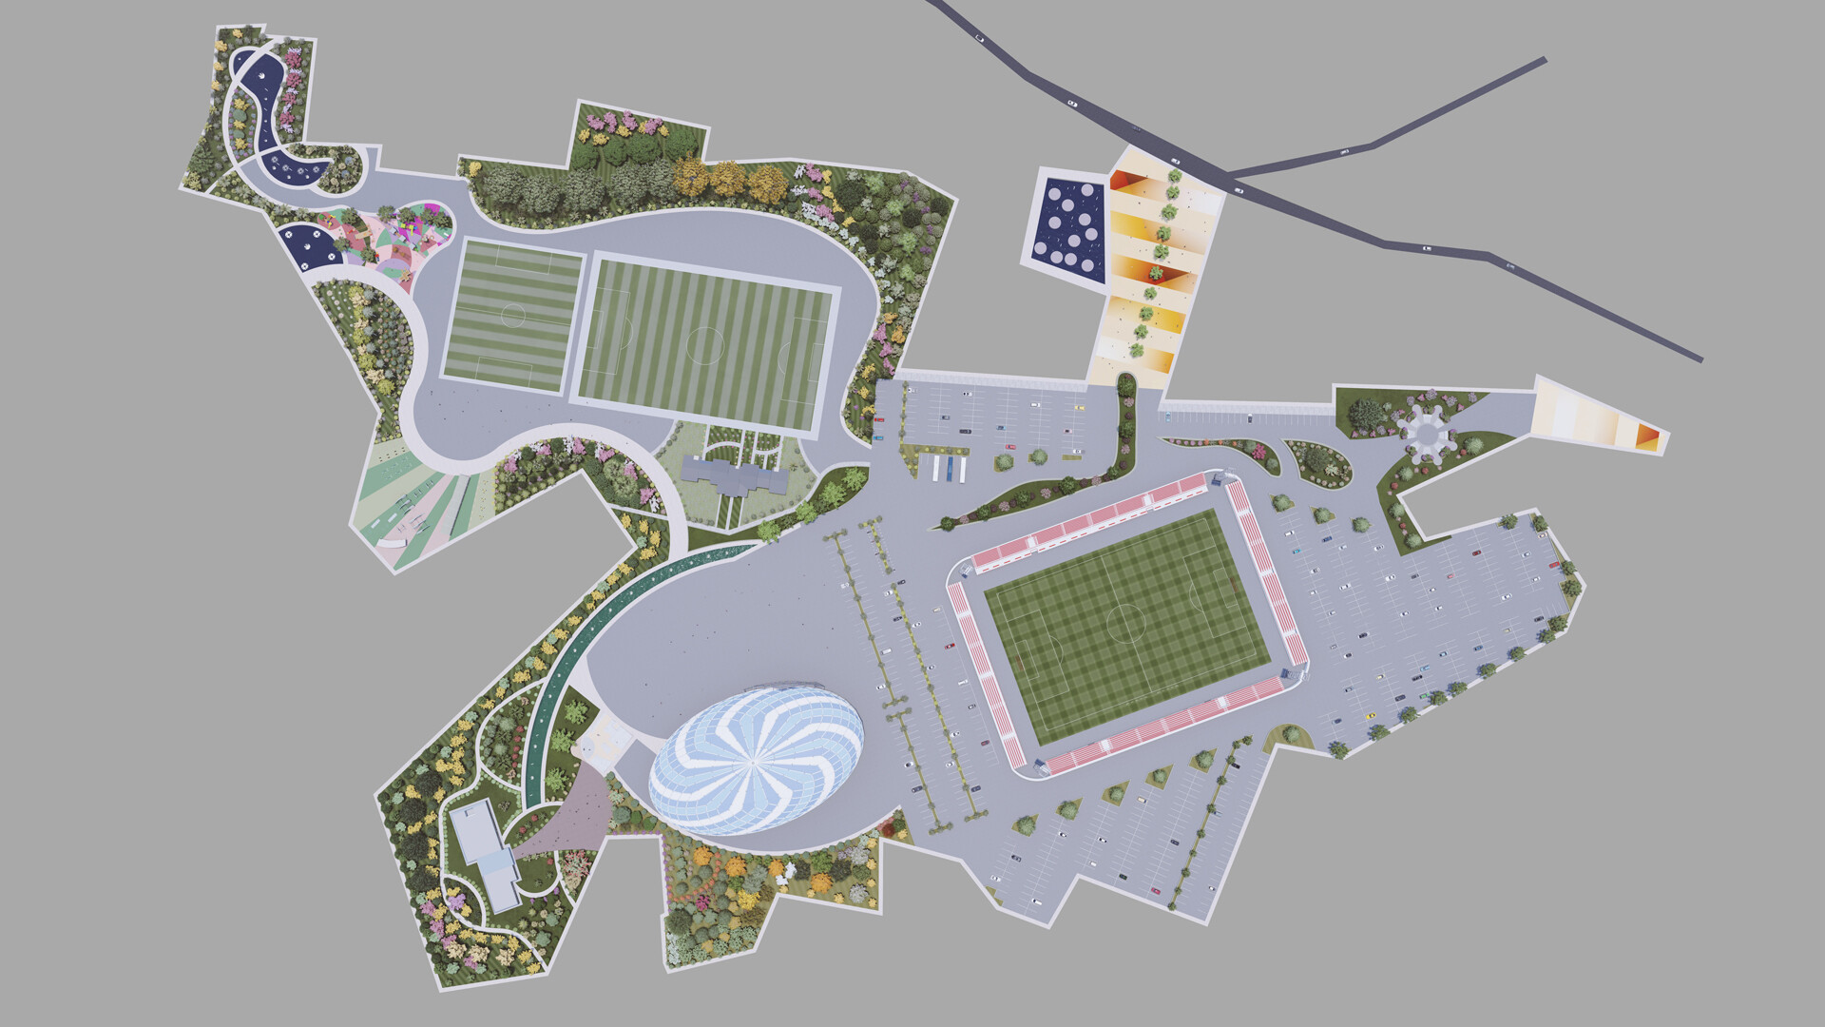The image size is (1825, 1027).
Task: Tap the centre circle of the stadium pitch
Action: [x=1126, y=623]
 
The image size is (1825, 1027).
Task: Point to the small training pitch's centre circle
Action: [x=513, y=315]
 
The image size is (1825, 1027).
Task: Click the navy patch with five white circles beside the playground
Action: [x=313, y=244]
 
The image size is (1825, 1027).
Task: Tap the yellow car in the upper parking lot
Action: [x=1079, y=408]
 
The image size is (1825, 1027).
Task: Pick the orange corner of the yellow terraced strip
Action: [x=1125, y=180]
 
